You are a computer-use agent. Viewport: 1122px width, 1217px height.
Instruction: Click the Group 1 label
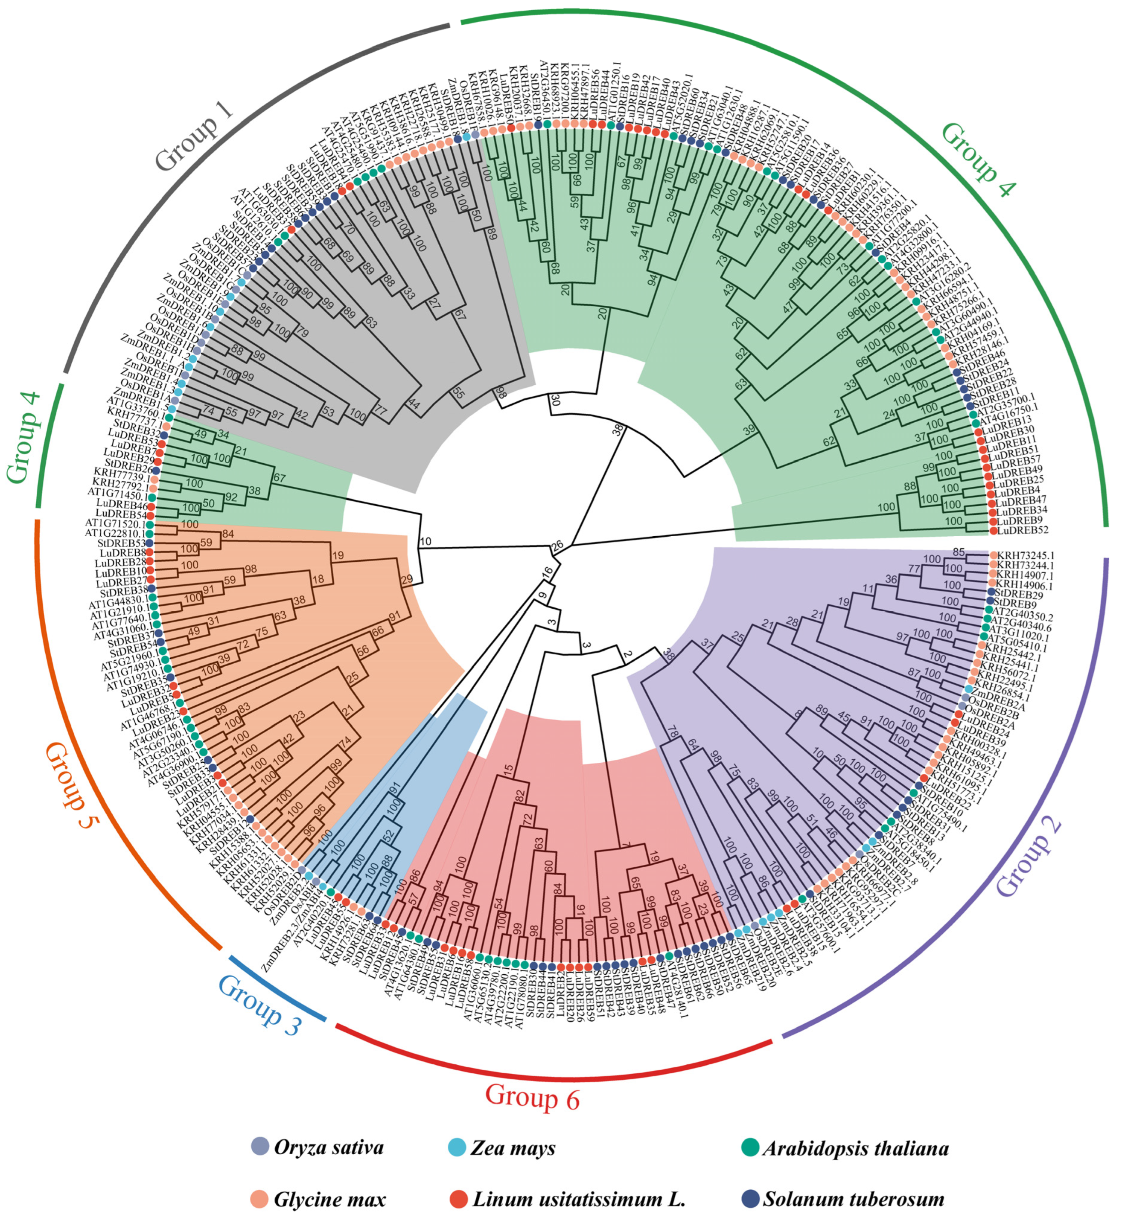(195, 137)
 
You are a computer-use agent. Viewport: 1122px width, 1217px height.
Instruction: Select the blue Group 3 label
(259, 1005)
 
